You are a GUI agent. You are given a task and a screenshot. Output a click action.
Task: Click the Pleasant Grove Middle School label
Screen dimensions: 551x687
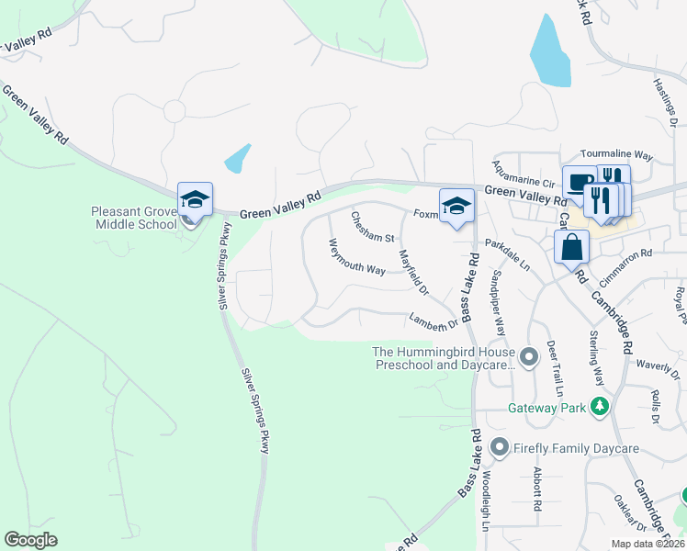133,218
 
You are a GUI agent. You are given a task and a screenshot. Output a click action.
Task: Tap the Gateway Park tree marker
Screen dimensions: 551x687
600,405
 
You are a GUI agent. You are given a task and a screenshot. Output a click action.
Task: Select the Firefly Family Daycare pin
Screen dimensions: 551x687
500,447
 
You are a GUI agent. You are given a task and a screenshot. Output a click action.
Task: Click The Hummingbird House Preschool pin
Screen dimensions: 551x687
528,356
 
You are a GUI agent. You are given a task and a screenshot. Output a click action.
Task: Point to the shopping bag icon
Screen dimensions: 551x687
571,246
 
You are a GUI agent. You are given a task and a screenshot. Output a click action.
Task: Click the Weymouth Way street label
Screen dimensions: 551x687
357,256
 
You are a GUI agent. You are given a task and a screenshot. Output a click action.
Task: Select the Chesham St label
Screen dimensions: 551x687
372,229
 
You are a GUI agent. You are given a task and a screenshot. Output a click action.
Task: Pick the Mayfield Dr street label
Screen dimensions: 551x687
413,273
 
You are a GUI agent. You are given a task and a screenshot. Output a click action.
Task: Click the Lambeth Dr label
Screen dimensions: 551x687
434,320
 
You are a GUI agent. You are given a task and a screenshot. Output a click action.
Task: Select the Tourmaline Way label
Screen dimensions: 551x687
615,156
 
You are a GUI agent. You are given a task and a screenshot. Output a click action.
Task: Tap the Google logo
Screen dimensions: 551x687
30,539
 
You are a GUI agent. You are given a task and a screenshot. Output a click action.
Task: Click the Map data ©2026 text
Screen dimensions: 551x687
647,544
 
